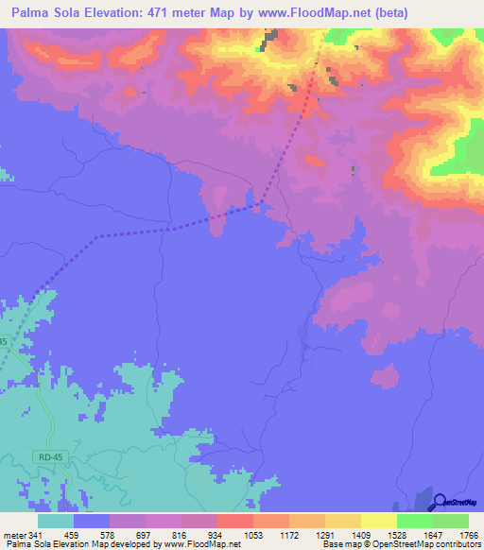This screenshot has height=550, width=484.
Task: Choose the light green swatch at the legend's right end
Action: [x=450, y=522]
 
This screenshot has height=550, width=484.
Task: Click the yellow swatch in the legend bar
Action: [x=378, y=522]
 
